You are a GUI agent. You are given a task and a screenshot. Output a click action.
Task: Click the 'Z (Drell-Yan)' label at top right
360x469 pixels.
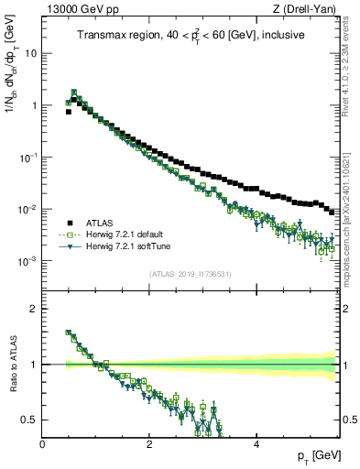[308, 9]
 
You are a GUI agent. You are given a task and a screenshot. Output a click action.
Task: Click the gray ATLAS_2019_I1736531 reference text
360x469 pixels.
[190, 274]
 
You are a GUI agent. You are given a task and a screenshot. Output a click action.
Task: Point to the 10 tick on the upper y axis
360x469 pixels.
[31, 53]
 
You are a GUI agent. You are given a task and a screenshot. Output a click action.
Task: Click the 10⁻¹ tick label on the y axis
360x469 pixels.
[27, 158]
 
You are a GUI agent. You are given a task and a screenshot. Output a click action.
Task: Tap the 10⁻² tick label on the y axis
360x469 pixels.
[27, 210]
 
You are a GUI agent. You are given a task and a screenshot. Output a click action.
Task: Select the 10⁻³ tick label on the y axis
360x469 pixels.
[27, 262]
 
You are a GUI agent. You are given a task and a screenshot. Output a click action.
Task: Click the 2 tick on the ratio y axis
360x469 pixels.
[34, 309]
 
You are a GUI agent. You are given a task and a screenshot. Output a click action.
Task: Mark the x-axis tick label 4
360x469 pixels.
[256, 443]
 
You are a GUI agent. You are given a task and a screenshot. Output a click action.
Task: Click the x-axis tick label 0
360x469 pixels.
[42, 443]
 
